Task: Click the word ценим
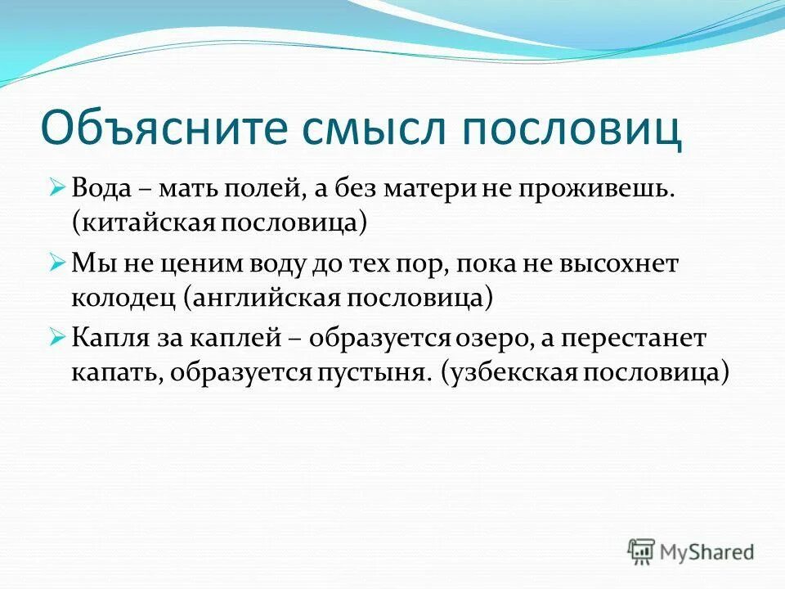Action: [186, 263]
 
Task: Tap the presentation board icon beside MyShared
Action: [641, 551]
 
